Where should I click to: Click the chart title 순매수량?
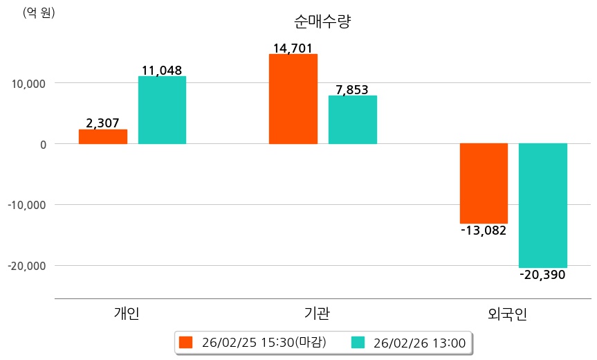pyautogui.click(x=322, y=21)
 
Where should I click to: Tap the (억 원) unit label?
pyautogui.click(x=39, y=12)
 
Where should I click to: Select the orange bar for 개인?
pyautogui.click(x=103, y=136)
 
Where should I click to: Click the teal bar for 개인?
pyautogui.click(x=162, y=110)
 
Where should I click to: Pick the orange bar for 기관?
pyautogui.click(x=293, y=99)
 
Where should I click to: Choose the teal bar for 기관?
pyautogui.click(x=353, y=120)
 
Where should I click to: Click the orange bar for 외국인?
pyautogui.click(x=484, y=183)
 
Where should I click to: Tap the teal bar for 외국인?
pyautogui.click(x=543, y=206)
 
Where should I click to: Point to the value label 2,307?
pyautogui.click(x=102, y=123)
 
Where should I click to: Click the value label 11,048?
pyautogui.click(x=162, y=70)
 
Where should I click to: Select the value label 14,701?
pyautogui.click(x=293, y=48)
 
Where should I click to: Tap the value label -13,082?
pyautogui.click(x=484, y=231)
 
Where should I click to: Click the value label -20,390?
pyautogui.click(x=542, y=275)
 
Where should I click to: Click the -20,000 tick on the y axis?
pyautogui.click(x=26, y=266)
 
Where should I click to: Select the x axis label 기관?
pyautogui.click(x=317, y=314)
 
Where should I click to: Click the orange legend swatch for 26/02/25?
pyautogui.click(x=185, y=343)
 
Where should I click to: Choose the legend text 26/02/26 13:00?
pyautogui.click(x=419, y=343)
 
